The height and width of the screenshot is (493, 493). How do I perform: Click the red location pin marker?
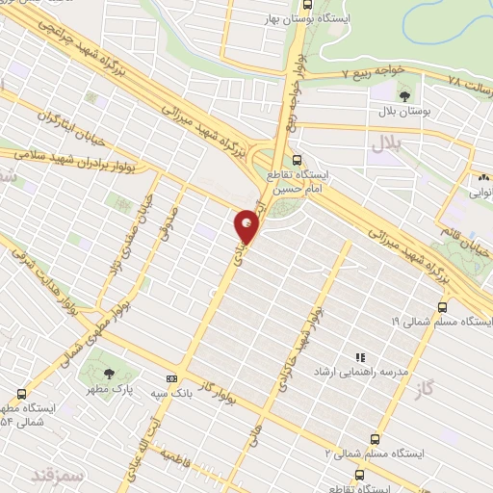pyautogui.click(x=247, y=225)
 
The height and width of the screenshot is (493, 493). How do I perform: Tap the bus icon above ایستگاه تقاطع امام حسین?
pyautogui.click(x=296, y=161)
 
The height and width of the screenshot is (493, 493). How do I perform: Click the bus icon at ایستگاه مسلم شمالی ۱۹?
pyautogui.click(x=441, y=307)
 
